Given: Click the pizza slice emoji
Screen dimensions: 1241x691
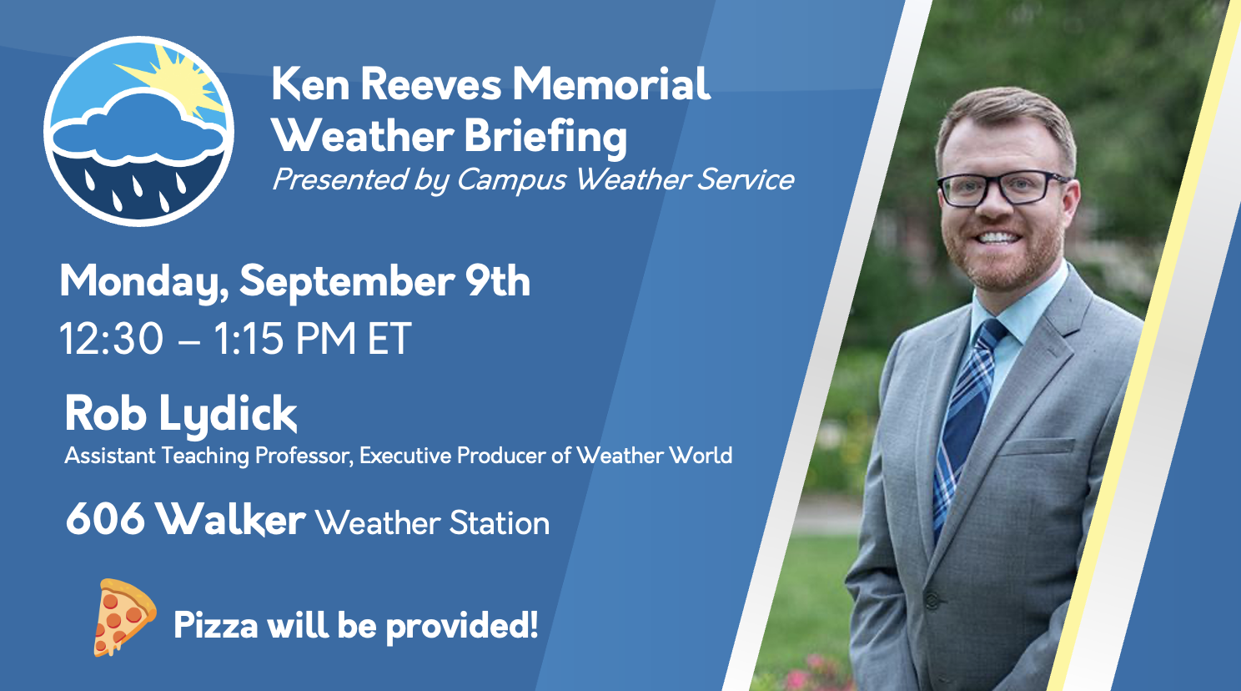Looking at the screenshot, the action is pyautogui.click(x=124, y=617).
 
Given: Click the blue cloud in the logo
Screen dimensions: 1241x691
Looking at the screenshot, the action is pyautogui.click(x=138, y=129).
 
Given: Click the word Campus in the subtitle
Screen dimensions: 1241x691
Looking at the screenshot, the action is pyautogui.click(x=510, y=181).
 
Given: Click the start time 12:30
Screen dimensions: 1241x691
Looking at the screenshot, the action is pyautogui.click(x=112, y=338).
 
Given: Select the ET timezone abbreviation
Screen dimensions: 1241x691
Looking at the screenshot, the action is pyautogui.click(x=389, y=338).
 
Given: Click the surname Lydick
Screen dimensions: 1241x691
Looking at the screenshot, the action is pyautogui.click(x=228, y=415).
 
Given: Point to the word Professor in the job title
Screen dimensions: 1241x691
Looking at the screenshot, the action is pyautogui.click(x=304, y=456).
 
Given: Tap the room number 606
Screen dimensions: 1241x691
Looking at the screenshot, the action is pyautogui.click(x=105, y=519).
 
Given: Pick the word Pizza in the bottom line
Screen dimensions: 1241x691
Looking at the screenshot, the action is pyautogui.click(x=216, y=626).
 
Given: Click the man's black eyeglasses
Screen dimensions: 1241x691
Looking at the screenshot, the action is pyautogui.click(x=1002, y=189).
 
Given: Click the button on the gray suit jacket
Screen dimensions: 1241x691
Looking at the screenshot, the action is pyautogui.click(x=932, y=601).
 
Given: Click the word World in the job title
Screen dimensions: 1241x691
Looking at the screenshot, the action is pyautogui.click(x=701, y=456).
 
